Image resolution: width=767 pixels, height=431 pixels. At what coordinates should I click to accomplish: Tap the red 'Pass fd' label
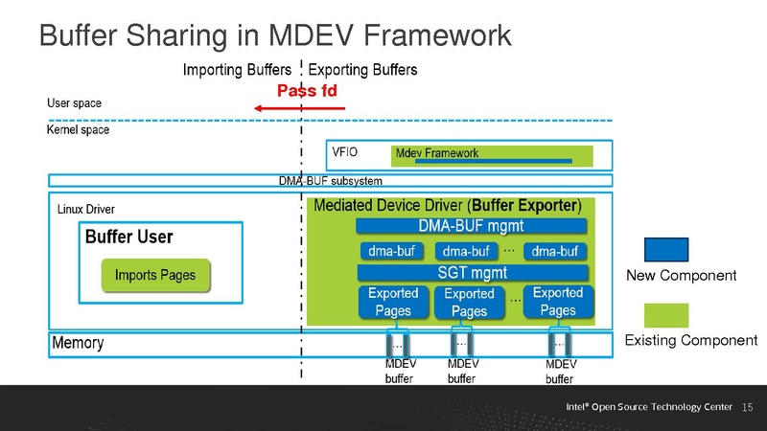(307, 91)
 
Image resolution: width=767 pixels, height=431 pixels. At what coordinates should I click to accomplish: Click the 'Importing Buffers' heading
(236, 70)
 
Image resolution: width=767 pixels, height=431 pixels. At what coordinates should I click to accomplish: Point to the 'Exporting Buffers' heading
(362, 70)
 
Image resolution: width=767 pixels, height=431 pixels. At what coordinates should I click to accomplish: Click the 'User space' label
(74, 102)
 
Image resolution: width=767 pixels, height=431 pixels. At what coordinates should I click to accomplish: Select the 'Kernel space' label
(78, 130)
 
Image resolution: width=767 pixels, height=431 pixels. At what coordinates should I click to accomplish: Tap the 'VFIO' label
(345, 152)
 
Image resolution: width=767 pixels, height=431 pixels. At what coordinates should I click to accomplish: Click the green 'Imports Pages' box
(155, 276)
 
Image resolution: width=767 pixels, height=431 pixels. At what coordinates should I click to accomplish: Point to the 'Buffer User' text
(129, 237)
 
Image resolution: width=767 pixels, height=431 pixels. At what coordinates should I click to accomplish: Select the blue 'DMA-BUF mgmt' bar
(471, 227)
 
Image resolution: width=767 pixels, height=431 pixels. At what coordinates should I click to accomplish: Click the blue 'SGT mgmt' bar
(471, 272)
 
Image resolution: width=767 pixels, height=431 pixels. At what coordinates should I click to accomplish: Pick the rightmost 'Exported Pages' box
(557, 302)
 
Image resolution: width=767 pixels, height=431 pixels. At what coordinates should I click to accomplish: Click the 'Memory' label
(78, 343)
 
